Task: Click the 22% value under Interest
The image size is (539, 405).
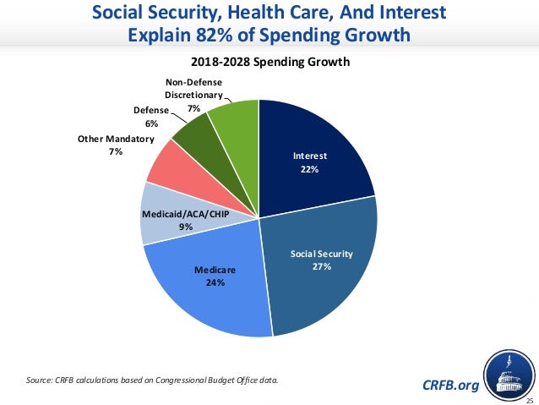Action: tap(310, 170)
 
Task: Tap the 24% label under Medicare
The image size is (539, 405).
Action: tap(215, 282)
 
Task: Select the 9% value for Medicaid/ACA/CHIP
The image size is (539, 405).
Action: tap(185, 227)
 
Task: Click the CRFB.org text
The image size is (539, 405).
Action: tap(449, 386)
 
